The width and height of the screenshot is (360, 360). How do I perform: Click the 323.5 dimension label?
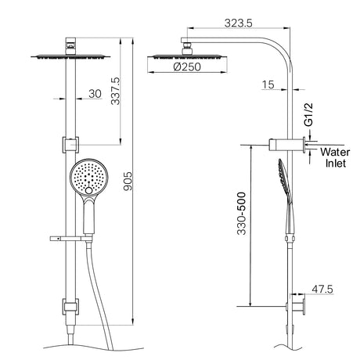tap(239, 23)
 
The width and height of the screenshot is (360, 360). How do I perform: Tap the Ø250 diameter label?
tap(187, 67)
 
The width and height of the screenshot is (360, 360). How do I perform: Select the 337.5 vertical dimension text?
tap(115, 91)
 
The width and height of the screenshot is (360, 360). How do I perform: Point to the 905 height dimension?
tap(128, 181)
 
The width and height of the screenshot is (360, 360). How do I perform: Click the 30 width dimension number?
tap(95, 94)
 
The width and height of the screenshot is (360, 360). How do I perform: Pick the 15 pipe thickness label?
tap(268, 85)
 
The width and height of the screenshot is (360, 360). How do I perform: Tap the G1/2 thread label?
tap(308, 115)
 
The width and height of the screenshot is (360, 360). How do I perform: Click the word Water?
tap(335, 152)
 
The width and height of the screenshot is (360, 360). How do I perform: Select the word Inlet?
tap(336, 164)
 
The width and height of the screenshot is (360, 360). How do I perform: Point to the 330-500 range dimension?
tap(242, 214)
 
